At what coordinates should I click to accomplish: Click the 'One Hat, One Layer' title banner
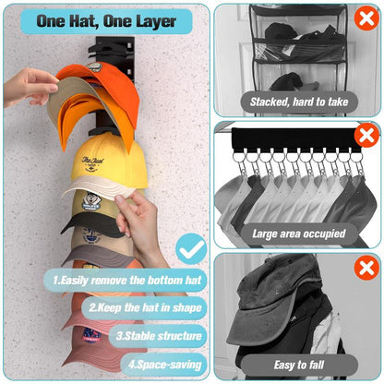coord(105,20)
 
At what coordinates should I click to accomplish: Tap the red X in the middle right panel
coord(366,137)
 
